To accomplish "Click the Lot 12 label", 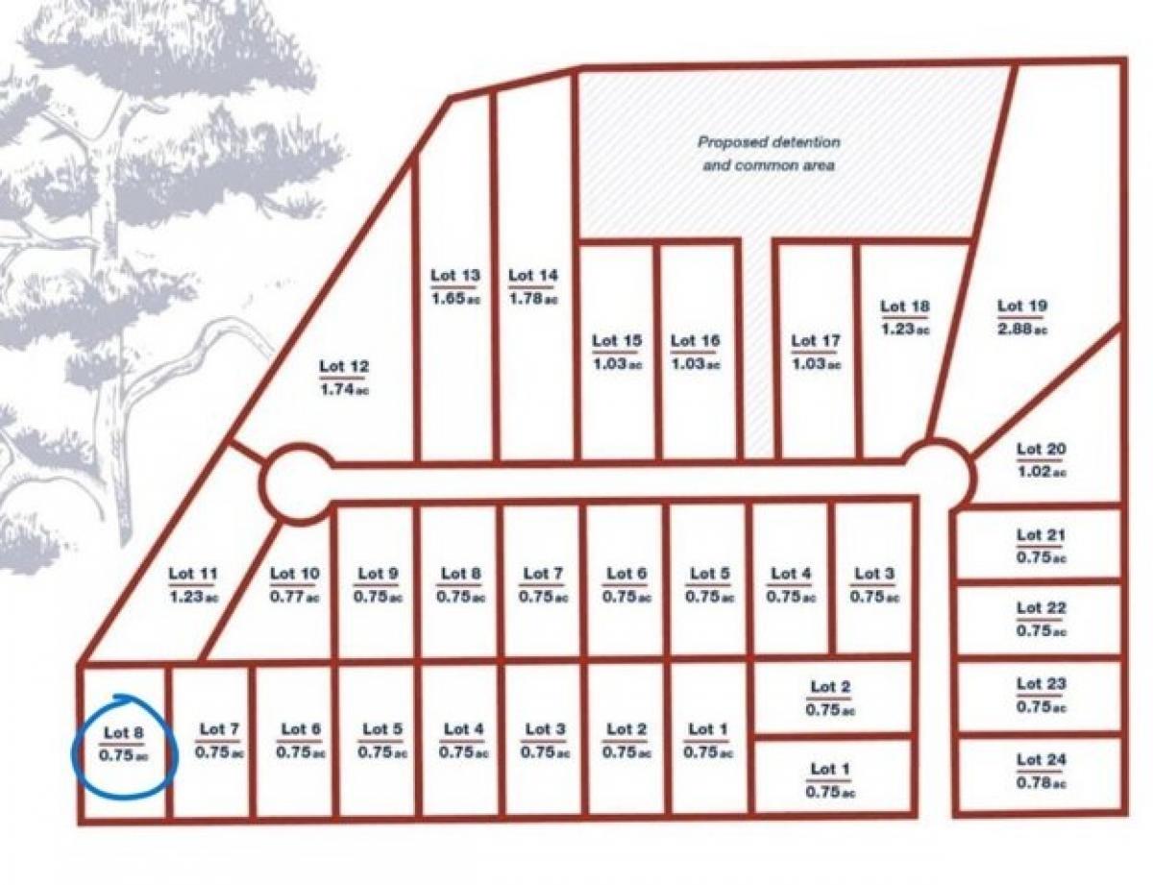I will click(344, 366).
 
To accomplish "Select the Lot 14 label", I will click(532, 276).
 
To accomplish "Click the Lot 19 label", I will click(1022, 307).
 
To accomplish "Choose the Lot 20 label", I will click(1041, 449).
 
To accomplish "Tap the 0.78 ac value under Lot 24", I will click(1042, 783).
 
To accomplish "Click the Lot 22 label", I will click(1042, 607).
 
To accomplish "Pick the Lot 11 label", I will click(193, 574).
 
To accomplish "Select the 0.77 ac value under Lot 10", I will click(294, 597).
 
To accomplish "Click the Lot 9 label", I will click(378, 574).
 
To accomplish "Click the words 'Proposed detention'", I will click(769, 142).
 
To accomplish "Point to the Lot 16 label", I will click(695, 341).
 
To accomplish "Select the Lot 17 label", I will click(816, 341).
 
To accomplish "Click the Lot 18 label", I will click(905, 307).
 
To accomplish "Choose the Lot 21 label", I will click(1042, 534).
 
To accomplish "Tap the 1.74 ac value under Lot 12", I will click(344, 389).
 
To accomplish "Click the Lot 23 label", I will click(1042, 683).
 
